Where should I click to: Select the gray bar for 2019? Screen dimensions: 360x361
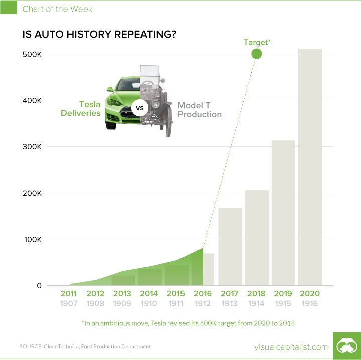tap(283, 213)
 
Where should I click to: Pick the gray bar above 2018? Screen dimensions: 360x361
tap(257, 238)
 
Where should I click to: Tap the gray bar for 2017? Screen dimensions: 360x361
tap(230, 246)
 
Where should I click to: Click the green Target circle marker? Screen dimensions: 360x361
tap(257, 54)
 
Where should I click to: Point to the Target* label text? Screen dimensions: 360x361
tap(257, 42)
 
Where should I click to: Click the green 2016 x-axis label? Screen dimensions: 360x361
tap(203, 293)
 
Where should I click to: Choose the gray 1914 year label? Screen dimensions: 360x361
tap(257, 303)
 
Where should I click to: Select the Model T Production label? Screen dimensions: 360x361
tap(199, 110)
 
